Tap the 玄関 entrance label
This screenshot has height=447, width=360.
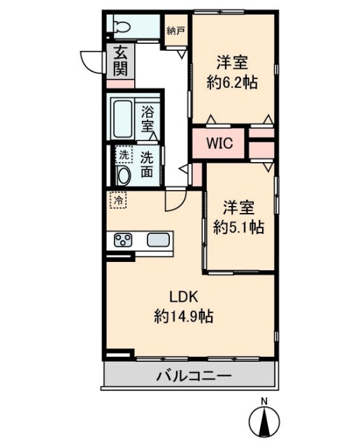pos(120,61)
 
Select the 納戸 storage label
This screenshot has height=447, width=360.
pos(176,31)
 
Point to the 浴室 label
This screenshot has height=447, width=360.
pos(147,118)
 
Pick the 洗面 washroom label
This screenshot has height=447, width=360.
pos(147,163)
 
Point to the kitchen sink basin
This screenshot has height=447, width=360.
pos(157,241)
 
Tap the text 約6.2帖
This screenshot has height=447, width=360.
pos(232,82)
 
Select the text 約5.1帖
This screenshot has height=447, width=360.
pos(238,227)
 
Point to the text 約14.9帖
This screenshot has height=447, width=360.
pos(183,316)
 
